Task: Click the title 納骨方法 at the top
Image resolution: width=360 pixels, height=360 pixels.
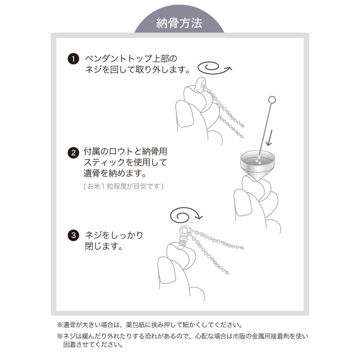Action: point(179,23)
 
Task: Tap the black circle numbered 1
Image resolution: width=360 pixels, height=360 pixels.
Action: point(73,59)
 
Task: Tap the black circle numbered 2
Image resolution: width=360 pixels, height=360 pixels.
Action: point(73,153)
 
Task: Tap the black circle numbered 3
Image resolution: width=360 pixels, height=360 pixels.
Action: point(73,236)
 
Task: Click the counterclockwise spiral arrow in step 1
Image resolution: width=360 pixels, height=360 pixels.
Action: point(214,68)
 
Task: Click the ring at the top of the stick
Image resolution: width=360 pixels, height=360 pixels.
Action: point(272,99)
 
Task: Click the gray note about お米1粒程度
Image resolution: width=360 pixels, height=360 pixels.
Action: point(124,186)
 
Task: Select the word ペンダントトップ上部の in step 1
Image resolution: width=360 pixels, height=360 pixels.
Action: point(131,59)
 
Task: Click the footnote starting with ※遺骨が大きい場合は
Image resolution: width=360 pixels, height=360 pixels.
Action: point(150,326)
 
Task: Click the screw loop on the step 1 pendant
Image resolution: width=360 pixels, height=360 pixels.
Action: point(200,83)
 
